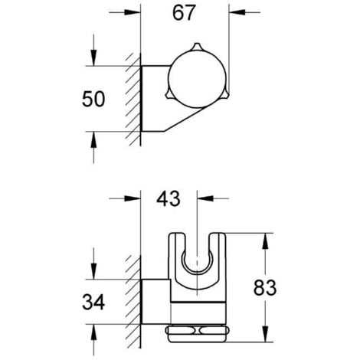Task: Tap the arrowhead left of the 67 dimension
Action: (131, 12)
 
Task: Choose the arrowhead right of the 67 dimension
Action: (237, 12)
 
